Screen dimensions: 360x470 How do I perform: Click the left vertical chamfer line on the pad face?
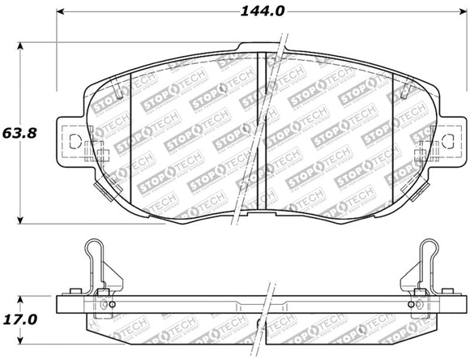pyautogui.click(x=132, y=138)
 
